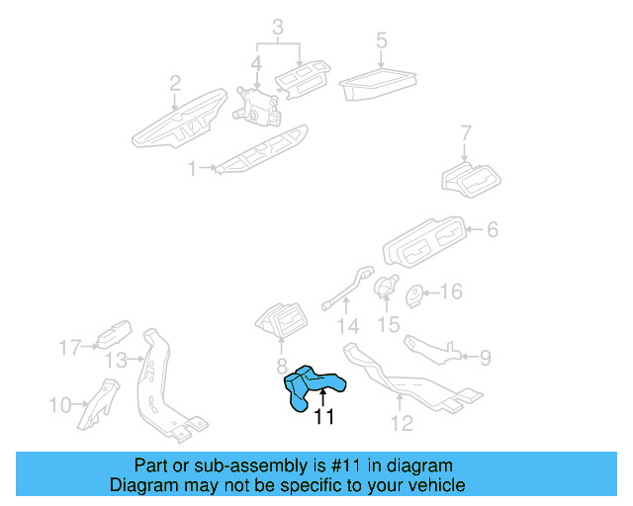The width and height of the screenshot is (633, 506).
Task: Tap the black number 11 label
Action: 322,417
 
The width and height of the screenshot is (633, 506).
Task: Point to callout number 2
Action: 175,82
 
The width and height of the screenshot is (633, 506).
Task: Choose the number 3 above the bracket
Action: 279,27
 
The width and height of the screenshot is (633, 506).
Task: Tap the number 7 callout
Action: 467,133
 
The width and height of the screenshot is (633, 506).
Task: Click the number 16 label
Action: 450,292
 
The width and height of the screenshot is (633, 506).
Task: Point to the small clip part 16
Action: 416,294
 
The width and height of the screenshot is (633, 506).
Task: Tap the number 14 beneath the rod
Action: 344,326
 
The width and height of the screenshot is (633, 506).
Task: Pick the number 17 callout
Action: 68,347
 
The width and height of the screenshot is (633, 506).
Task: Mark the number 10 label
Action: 60,403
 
